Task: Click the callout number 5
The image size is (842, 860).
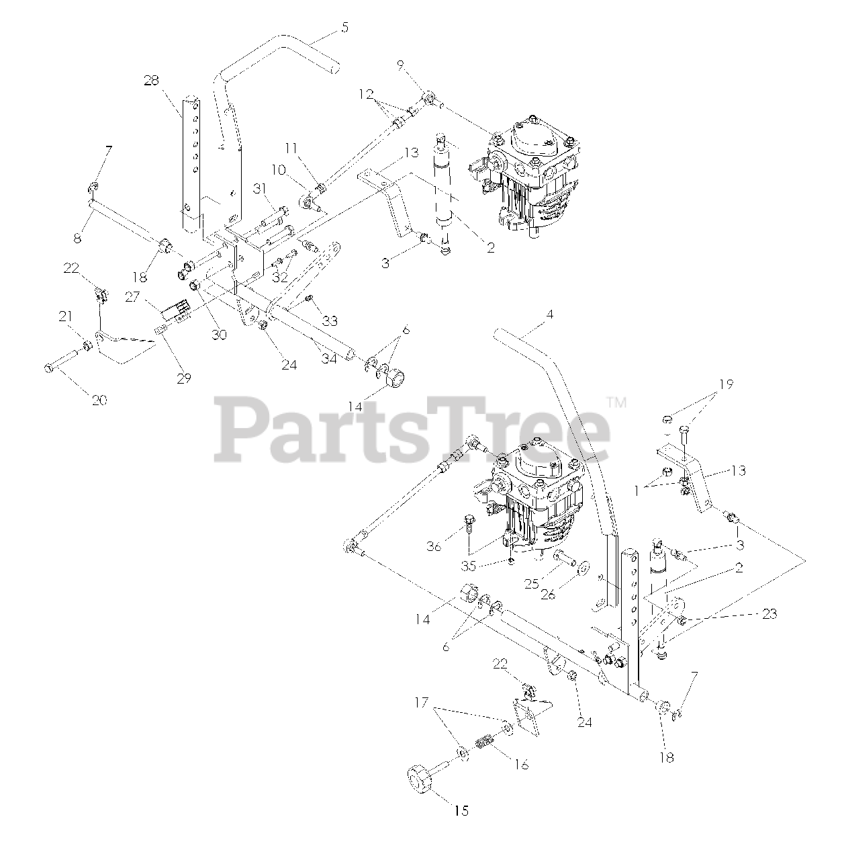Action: coord(344,28)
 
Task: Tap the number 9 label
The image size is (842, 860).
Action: coord(400,64)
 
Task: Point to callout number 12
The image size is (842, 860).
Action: coord(365,96)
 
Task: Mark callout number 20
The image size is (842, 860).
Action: coord(99,400)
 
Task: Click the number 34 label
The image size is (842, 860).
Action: coord(328,359)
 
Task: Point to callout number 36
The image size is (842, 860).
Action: coord(434,547)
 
